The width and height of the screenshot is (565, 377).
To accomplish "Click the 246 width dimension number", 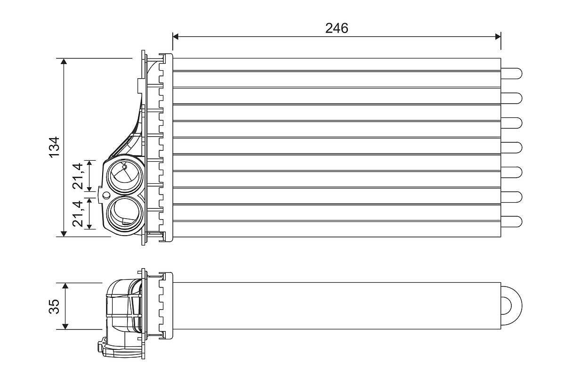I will [x=337, y=28].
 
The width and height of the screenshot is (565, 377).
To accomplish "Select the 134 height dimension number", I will [x=55, y=147].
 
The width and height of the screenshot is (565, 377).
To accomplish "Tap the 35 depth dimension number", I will [x=55, y=306].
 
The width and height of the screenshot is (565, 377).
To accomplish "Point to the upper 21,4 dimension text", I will [x=79, y=175].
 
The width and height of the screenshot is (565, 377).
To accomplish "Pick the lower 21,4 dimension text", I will [x=79, y=213].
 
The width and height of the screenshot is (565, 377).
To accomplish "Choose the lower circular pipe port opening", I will [x=124, y=213].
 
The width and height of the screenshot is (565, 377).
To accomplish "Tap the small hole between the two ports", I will [x=106, y=195].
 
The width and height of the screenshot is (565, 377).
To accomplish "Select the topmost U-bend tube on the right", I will [x=512, y=73].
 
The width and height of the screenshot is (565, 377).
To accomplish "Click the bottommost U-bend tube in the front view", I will [x=512, y=221].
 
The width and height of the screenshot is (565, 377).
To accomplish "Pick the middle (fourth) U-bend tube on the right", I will [x=512, y=147].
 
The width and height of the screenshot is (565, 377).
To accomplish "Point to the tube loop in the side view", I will [x=512, y=305].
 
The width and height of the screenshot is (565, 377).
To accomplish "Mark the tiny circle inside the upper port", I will [x=124, y=166].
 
